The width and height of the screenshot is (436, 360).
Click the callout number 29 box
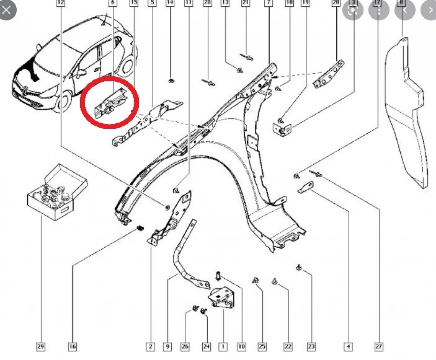click(40, 347)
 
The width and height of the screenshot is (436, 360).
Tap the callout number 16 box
click(72, 347)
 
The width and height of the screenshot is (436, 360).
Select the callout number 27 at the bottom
click(379, 347)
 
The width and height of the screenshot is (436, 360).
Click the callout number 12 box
click(61, 3)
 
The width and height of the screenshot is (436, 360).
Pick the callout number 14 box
click(170, 3)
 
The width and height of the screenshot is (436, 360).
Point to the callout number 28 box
click(336, 3)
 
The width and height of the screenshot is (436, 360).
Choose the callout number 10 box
click(241, 347)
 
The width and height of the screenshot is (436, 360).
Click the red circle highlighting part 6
click(110, 102)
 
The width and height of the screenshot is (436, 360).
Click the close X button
click(6, 10)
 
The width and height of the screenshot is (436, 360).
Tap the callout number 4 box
click(348, 347)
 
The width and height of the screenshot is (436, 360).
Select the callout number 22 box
click(288, 347)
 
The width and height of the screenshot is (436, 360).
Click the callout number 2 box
click(150, 347)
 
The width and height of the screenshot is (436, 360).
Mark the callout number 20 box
click(207, 3)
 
